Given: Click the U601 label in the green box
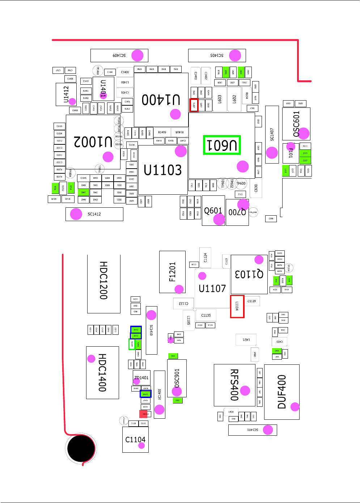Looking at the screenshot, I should click(x=222, y=145).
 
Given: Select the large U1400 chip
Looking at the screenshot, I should click(x=161, y=100).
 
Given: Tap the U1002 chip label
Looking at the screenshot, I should click(x=93, y=141).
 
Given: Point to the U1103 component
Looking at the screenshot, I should click(x=163, y=170).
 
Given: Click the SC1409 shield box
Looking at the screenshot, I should click(x=119, y=55).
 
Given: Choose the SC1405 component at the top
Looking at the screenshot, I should click(x=217, y=55).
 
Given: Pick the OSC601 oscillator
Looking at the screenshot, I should click(x=296, y=124).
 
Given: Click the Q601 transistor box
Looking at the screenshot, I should click(x=213, y=211).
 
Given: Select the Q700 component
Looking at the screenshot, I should click(x=237, y=212).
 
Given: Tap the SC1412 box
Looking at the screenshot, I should click(x=94, y=214).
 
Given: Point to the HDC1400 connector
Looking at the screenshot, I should click(x=102, y=372).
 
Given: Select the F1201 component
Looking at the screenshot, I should click(x=172, y=272).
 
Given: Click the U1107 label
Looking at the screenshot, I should click(x=212, y=288).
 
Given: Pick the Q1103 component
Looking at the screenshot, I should click(x=249, y=274).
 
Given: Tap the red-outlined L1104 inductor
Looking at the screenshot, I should click(x=237, y=307).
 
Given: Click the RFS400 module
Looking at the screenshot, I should click(x=234, y=385).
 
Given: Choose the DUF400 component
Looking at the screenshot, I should click(x=281, y=392).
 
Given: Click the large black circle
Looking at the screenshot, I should click(x=81, y=448).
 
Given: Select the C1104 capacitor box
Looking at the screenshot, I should click(x=135, y=439).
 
